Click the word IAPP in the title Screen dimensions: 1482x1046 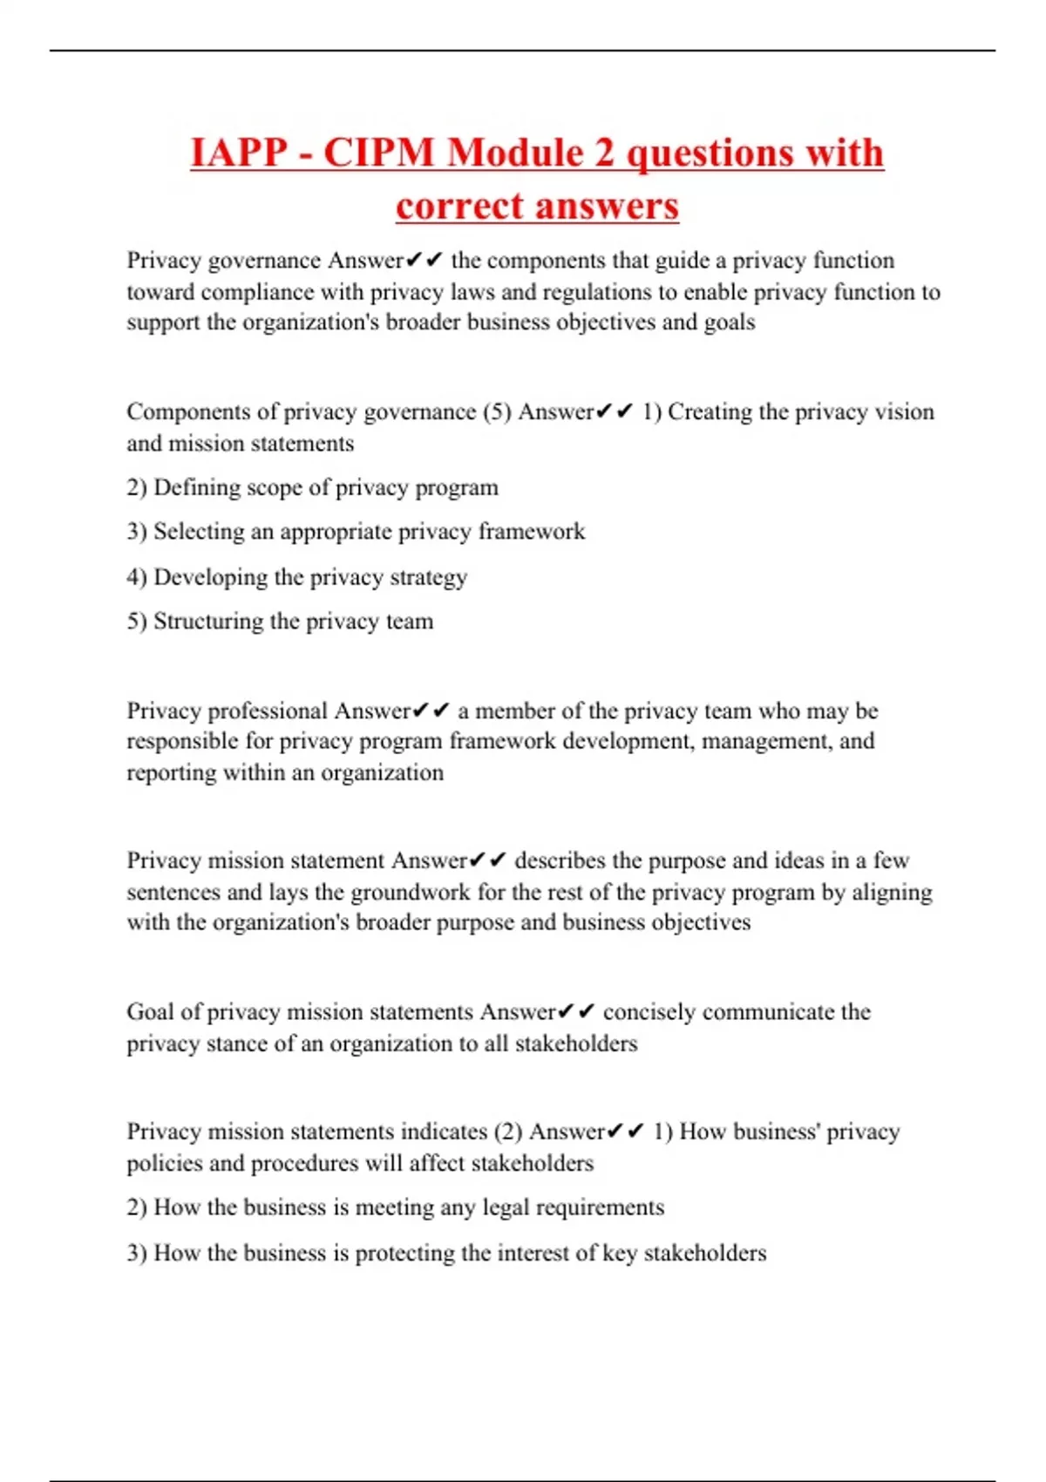tap(239, 153)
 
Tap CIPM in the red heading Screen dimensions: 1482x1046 tap(379, 153)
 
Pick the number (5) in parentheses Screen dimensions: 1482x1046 tap(497, 411)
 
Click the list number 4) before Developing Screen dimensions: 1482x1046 tap(137, 577)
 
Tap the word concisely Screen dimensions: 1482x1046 tap(649, 1012)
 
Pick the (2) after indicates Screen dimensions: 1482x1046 tap(507, 1132)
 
